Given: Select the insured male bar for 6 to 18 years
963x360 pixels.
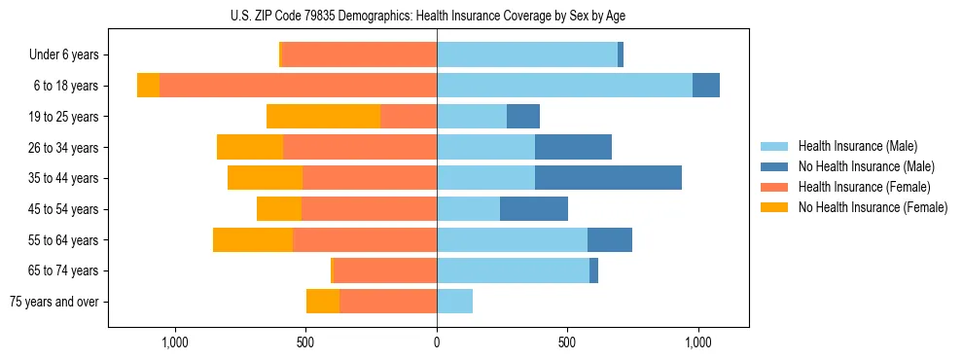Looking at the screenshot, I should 564,86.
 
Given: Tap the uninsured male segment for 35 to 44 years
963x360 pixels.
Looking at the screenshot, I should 608,178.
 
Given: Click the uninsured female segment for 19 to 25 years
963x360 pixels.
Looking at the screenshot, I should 323,117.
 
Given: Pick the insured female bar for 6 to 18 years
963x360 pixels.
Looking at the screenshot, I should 298,86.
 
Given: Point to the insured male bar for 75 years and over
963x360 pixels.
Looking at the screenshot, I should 454,302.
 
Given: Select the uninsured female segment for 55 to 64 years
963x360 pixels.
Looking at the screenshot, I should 253,240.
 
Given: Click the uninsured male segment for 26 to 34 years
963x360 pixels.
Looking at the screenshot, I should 573,148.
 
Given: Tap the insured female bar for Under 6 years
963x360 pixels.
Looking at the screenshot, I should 359,55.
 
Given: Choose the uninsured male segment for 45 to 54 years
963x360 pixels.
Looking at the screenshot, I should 534,209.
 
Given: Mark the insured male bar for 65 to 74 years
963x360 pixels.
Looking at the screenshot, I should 513,270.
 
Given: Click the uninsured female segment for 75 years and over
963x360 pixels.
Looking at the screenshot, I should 323,302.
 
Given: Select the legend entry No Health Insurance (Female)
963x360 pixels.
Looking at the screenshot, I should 873,207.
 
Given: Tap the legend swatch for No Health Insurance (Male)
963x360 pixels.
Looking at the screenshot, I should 774,166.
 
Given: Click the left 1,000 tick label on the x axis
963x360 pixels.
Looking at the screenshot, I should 174,342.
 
